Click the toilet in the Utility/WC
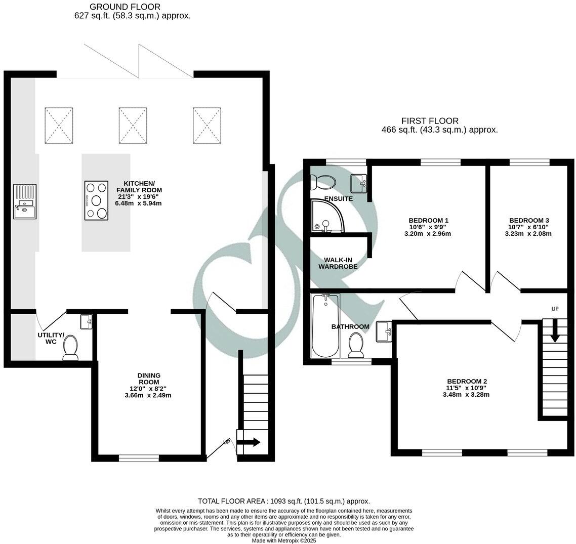pyautogui.click(x=70, y=348)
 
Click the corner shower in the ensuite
pyautogui.click(x=326, y=215)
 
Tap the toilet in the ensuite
pyautogui.click(x=323, y=181)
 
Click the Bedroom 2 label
pyautogui.click(x=467, y=381)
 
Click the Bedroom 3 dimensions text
pyautogui.click(x=528, y=230)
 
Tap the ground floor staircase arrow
pyautogui.click(x=249, y=442)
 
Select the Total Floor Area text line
pyautogui.click(x=284, y=501)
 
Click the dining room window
pyautogui.click(x=139, y=458)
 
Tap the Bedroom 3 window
pyautogui.click(x=529, y=162)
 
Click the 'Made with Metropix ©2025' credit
pyautogui.click(x=284, y=540)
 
